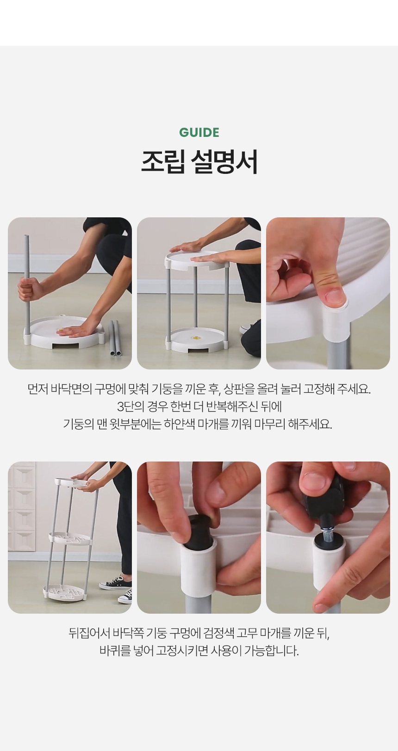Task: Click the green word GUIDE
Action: point(199,132)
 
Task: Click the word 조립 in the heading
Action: point(163,161)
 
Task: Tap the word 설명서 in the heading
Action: point(224,161)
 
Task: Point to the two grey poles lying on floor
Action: point(115,338)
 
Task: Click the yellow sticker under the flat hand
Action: point(60,331)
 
